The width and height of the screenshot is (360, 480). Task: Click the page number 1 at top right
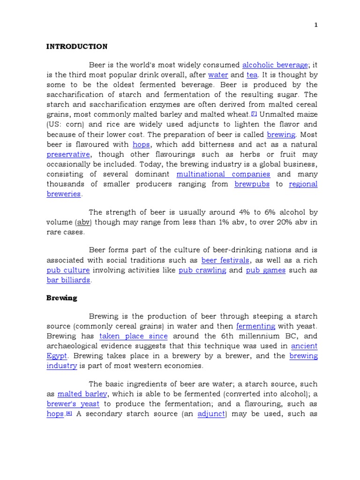click(316, 25)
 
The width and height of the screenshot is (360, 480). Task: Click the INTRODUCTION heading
click(76, 46)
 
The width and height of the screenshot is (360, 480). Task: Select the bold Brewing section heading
click(61, 298)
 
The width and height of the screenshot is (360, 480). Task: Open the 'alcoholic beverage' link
click(275, 65)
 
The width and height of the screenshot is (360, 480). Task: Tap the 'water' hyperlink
click(218, 75)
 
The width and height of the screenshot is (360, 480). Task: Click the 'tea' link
click(252, 75)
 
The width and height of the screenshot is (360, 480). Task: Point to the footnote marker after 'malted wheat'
click(254, 113)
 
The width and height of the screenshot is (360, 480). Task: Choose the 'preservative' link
click(68, 154)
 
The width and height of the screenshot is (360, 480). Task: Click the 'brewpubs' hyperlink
click(252, 184)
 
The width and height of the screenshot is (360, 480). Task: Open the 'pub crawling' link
click(202, 270)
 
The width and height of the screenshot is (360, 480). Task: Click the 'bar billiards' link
click(68, 280)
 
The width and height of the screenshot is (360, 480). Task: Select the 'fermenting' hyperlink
click(255, 326)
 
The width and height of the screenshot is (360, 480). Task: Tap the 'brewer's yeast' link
click(73, 404)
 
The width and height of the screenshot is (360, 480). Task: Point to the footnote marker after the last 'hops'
click(68, 413)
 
